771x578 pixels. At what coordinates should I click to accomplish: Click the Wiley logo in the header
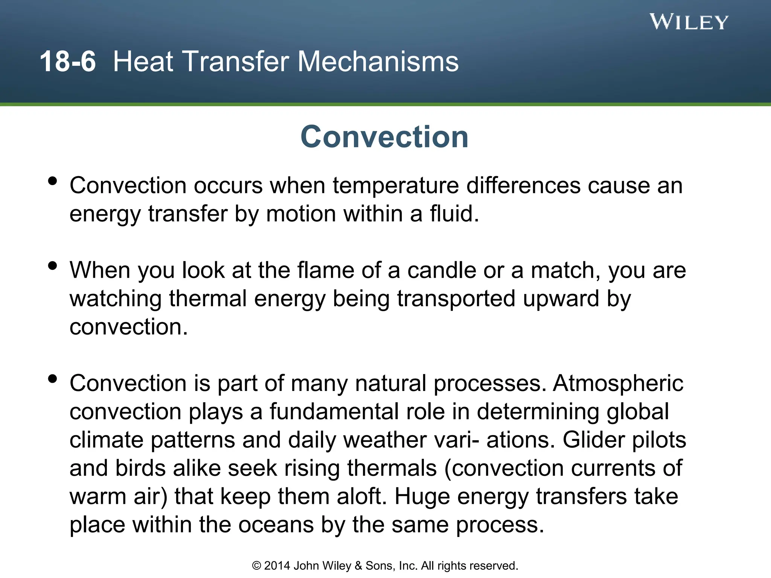pyautogui.click(x=689, y=22)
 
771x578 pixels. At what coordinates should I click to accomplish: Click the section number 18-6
pyautogui.click(x=68, y=61)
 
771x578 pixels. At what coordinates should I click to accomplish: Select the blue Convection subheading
pyautogui.click(x=384, y=137)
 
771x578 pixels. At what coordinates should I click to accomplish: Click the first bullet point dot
pyautogui.click(x=53, y=181)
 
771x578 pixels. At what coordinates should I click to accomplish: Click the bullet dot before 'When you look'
pyautogui.click(x=53, y=266)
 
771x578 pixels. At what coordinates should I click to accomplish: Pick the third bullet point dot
pyautogui.click(x=53, y=379)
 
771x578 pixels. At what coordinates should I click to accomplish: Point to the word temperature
pyautogui.click(x=396, y=186)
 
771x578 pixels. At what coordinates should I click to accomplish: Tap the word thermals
pyautogui.click(x=392, y=468)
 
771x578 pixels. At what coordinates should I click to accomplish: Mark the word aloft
pyautogui.click(x=361, y=496)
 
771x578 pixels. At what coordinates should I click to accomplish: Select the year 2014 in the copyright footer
pyautogui.click(x=277, y=566)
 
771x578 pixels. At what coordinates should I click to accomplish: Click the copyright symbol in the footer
pyautogui.click(x=256, y=566)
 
